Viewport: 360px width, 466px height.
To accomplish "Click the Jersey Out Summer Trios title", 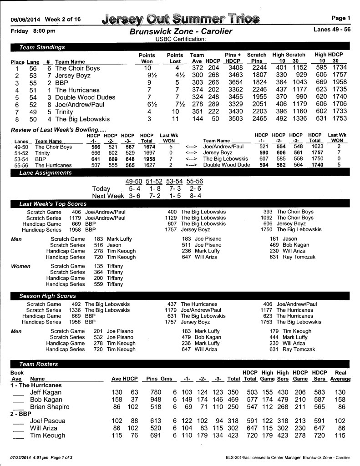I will pyautogui.click(x=181, y=19).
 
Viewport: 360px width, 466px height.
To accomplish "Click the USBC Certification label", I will pyautogui.click(x=181, y=39).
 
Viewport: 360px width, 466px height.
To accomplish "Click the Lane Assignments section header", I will pyautogui.click(x=46, y=173).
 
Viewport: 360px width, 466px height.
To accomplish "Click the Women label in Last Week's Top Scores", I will pyautogui.click(x=20, y=266).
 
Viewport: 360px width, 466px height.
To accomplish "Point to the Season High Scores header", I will pyautogui.click(x=47, y=296).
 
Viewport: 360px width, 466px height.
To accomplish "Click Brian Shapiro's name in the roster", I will pyautogui.click(x=50, y=406).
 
